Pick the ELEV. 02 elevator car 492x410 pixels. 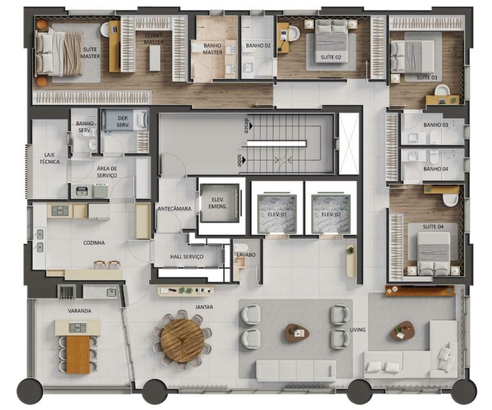330,214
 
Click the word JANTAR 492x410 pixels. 204,307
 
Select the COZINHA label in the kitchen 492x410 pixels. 94,243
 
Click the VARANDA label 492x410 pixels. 79,311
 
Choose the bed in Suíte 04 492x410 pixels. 433,252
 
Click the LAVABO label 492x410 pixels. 246,255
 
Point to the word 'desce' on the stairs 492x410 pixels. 245,124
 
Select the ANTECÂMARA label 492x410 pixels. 174,208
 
